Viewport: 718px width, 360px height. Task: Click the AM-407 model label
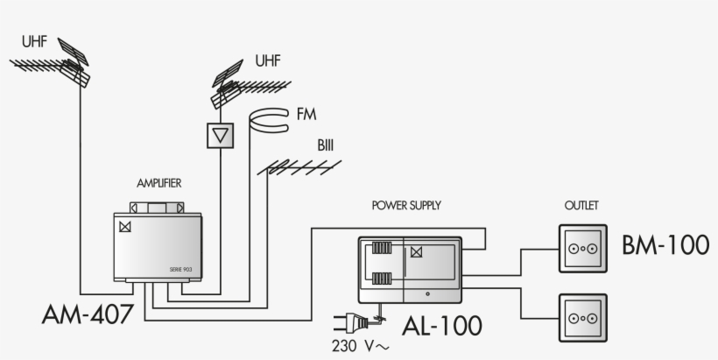pos(88,314)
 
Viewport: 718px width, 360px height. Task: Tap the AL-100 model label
pos(441,326)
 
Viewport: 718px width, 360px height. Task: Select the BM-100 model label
pos(665,245)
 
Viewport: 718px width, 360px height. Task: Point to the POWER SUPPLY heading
pos(406,206)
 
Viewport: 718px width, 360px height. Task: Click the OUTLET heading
pos(581,206)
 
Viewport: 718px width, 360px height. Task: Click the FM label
pos(306,115)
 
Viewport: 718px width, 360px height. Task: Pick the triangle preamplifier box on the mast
pos(222,135)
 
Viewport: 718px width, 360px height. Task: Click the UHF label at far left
pos(34,41)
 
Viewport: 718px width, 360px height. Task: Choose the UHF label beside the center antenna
pos(269,60)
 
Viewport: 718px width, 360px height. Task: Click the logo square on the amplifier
pos(125,226)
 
